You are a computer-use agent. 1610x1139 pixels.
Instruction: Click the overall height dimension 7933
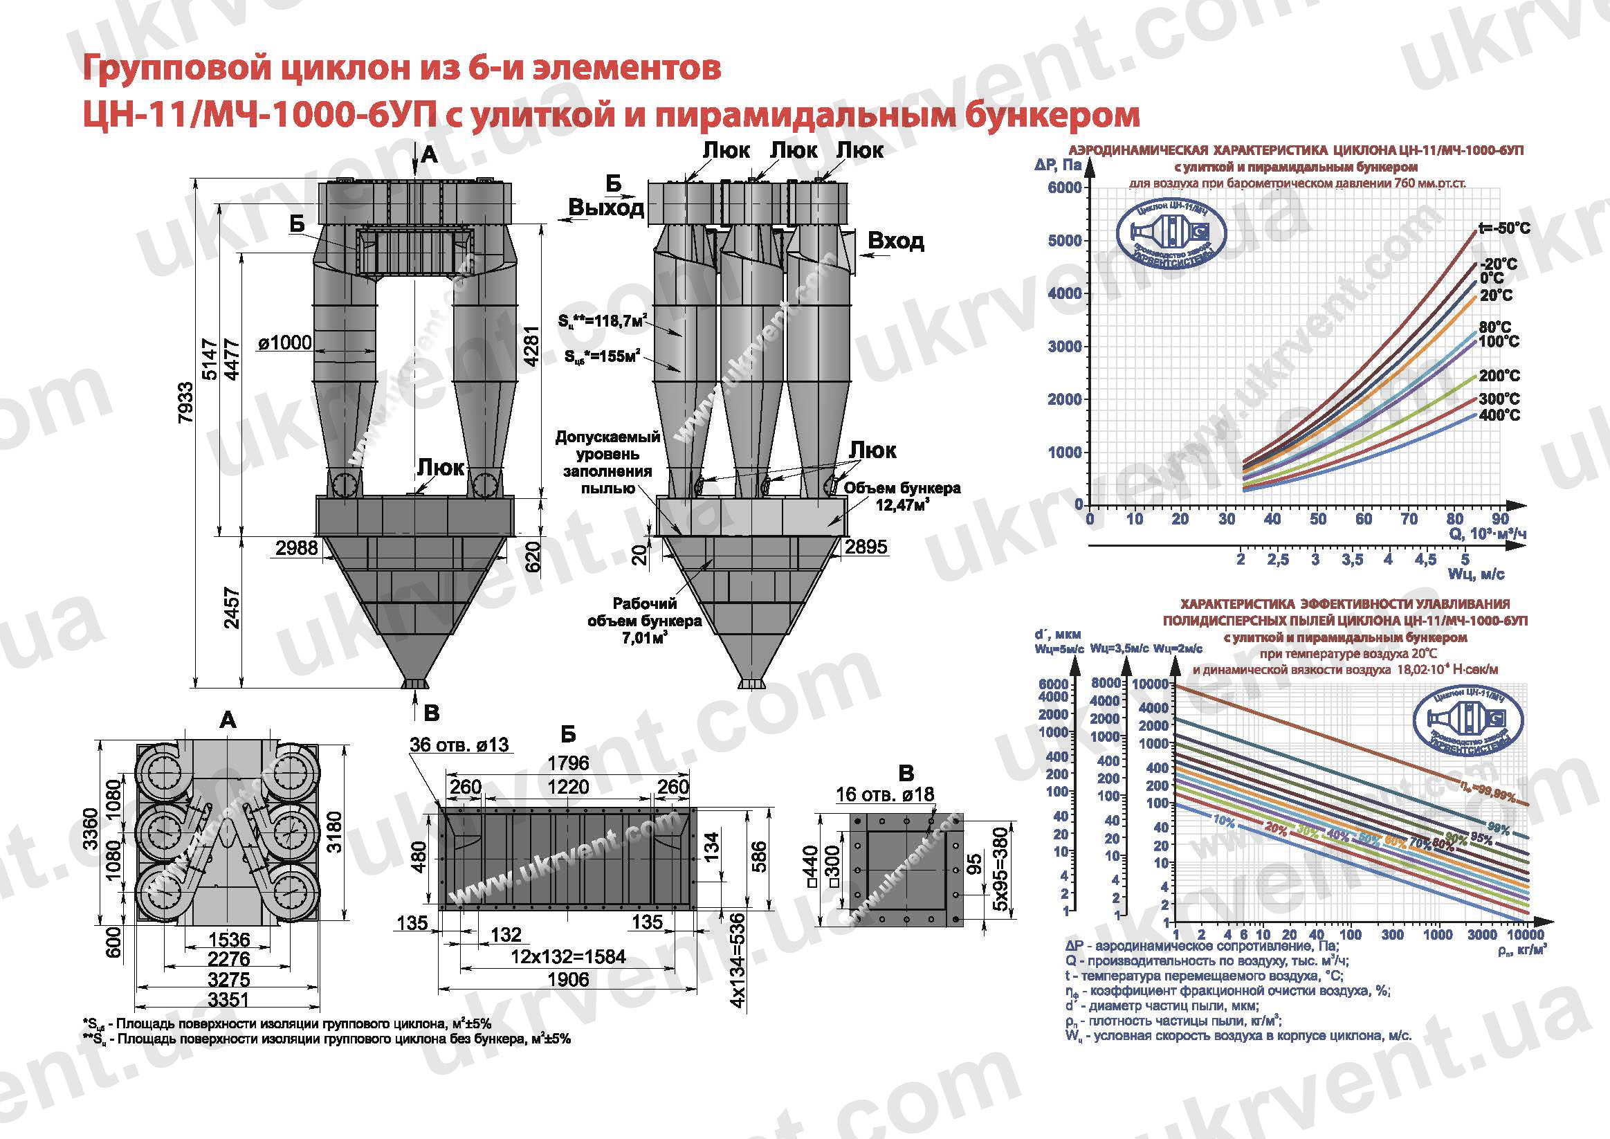185,403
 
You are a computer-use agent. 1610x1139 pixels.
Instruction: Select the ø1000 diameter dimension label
284,343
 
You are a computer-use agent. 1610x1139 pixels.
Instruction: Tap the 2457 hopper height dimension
232,608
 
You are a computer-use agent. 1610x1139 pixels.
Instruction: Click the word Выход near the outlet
606,208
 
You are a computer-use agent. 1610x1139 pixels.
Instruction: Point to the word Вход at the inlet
895,242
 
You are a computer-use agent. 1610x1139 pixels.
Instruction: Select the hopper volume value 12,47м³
902,505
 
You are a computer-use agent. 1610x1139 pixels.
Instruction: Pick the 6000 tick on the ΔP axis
1064,188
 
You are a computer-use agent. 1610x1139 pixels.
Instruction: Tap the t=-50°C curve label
1504,228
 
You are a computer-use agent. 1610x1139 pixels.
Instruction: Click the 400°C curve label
1499,416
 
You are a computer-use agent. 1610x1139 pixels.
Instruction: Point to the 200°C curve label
1499,376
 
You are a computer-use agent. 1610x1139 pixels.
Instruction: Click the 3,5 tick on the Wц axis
1352,560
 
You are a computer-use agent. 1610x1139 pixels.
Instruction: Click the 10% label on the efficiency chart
1223,821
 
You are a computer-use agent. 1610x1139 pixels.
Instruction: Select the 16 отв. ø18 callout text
884,794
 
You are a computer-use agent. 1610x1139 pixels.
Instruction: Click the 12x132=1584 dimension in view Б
568,956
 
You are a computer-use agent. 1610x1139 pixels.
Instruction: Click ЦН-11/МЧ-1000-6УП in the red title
259,114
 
